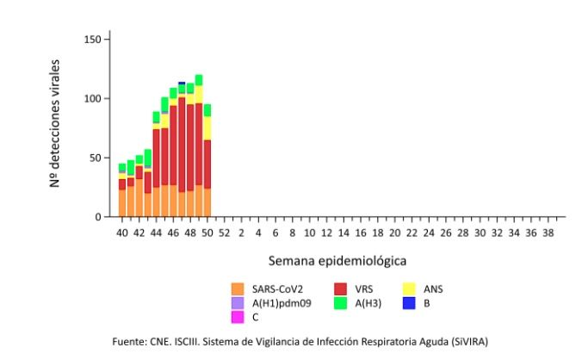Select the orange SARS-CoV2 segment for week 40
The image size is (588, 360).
coord(122,203)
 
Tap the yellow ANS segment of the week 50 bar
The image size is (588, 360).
coord(207,127)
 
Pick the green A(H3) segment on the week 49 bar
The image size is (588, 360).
coord(199,80)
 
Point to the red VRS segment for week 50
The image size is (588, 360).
coord(207,164)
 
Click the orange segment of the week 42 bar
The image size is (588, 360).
coord(139,198)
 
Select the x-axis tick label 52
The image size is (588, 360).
coord(224,233)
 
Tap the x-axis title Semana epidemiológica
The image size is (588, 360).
coord(337,259)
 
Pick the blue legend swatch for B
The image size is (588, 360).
coord(410,303)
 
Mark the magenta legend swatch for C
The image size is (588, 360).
coord(238,316)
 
